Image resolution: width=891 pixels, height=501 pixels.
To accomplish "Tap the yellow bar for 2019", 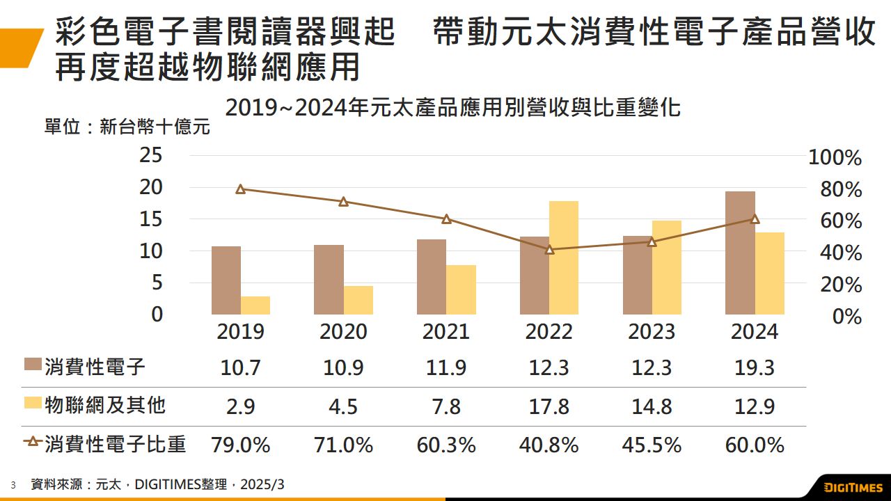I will (x=255, y=305).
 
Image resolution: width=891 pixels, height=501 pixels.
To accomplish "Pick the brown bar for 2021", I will (x=431, y=277).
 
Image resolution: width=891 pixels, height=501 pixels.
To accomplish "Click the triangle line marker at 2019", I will (x=241, y=189).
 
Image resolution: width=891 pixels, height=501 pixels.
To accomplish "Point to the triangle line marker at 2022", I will (x=549, y=250).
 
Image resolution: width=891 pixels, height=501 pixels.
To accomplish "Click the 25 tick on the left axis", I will (x=151, y=156).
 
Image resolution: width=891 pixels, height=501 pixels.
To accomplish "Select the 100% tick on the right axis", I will (x=835, y=158).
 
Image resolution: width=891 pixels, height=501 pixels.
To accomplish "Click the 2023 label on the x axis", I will (x=652, y=332).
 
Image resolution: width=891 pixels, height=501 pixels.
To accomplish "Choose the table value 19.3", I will (x=755, y=367).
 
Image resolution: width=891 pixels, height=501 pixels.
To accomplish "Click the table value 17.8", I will (x=549, y=406).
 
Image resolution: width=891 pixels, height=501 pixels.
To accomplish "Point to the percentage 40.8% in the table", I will (x=549, y=445).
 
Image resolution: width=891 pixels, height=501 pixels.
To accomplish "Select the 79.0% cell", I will (x=241, y=445).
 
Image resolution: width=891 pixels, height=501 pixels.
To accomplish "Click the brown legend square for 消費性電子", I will (x=33, y=365).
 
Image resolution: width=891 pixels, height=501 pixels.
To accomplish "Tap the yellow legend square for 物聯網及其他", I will (x=33, y=404).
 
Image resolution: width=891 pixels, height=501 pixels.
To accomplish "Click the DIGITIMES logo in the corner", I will (x=853, y=486).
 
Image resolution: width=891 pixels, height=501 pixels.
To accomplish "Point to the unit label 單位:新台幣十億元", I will (x=126, y=127).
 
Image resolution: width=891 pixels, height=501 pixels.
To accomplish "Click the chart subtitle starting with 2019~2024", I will (x=452, y=108).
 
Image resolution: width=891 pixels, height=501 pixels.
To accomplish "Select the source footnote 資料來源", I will (x=157, y=484).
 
